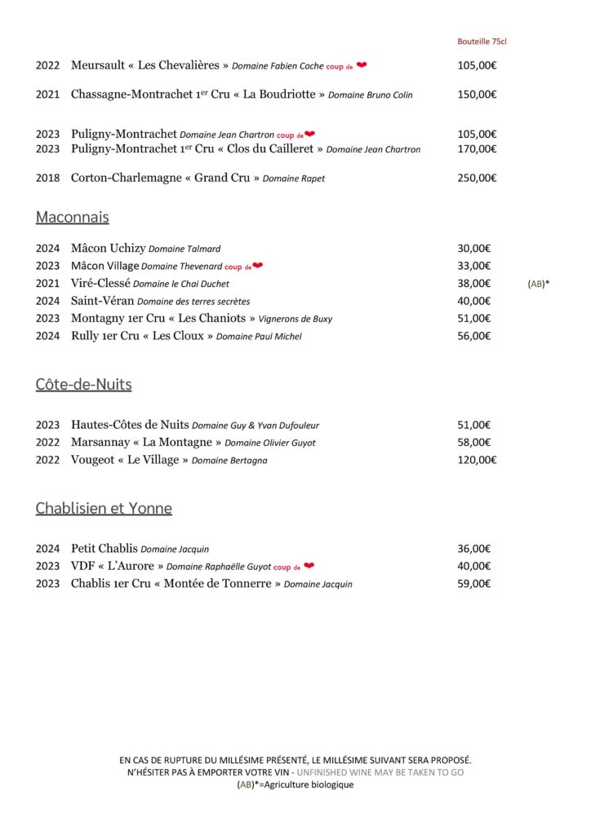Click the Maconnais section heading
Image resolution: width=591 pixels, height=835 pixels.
point(72,218)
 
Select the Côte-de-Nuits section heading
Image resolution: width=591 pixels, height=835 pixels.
point(83,385)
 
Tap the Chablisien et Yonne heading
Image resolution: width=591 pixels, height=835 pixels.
point(104,509)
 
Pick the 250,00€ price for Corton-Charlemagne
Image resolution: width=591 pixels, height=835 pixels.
point(477,178)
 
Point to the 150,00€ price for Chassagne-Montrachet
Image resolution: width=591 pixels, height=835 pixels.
point(477,95)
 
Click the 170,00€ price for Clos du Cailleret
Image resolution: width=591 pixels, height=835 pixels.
point(477,149)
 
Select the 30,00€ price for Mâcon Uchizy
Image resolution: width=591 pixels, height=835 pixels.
point(473,249)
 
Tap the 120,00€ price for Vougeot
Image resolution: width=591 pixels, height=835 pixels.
point(477,460)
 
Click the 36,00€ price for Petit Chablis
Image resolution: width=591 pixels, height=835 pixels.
point(473,549)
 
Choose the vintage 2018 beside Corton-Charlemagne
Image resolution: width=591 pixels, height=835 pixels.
point(47,178)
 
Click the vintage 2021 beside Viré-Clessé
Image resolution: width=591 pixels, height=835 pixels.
point(47,284)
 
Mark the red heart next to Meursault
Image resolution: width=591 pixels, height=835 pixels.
point(362,65)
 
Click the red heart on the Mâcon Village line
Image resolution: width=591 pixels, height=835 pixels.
point(257,266)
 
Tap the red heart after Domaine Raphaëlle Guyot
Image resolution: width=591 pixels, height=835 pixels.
point(309,566)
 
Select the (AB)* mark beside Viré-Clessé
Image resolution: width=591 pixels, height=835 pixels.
point(538,284)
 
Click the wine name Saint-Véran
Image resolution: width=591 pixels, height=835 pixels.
point(102,301)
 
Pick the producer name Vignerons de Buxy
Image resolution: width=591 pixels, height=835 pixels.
point(295,319)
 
